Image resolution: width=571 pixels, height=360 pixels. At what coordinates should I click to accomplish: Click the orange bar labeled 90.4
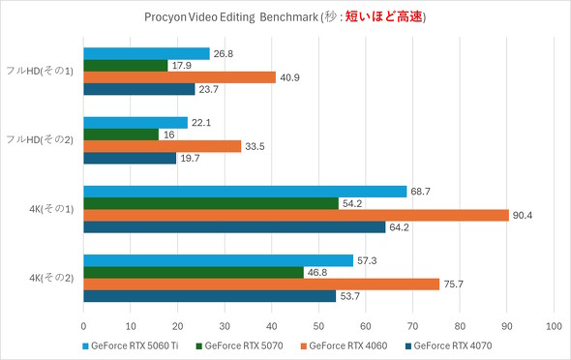(x=296, y=215)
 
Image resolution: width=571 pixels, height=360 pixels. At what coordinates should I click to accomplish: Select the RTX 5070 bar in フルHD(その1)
(x=126, y=65)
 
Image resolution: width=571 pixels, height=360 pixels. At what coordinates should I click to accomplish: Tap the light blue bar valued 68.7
(x=245, y=192)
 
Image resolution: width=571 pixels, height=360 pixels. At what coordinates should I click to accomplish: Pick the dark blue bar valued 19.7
(x=130, y=158)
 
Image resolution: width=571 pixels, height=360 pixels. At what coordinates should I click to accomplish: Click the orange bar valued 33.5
(x=163, y=146)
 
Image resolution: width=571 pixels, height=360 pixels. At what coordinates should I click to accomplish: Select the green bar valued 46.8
(x=194, y=273)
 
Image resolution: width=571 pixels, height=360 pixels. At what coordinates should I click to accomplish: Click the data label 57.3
(x=367, y=261)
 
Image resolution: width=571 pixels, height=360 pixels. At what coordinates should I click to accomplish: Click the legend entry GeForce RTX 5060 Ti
(x=141, y=344)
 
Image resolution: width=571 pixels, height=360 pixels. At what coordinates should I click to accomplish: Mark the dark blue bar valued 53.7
(x=210, y=296)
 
